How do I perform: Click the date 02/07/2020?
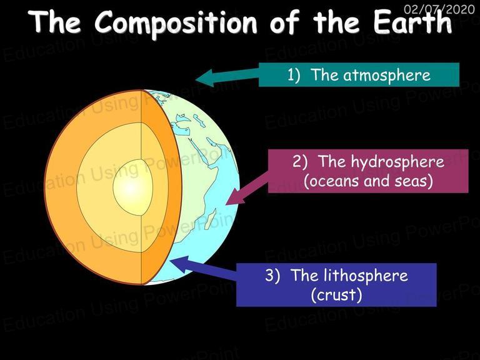(439, 9)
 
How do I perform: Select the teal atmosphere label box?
(359, 75)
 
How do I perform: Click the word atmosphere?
(387, 75)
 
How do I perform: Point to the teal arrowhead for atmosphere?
(204, 78)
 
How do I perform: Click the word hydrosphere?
(397, 162)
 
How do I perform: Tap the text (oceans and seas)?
(368, 181)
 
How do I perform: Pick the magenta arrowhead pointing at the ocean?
(236, 196)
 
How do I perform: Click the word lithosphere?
(364, 275)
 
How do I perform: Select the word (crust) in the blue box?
(336, 295)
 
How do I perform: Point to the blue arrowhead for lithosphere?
(180, 264)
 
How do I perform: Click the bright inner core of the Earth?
(132, 187)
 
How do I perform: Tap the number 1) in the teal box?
(293, 75)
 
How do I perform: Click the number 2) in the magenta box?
(300, 161)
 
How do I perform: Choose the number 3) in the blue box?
(272, 275)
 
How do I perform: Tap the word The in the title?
(56, 21)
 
